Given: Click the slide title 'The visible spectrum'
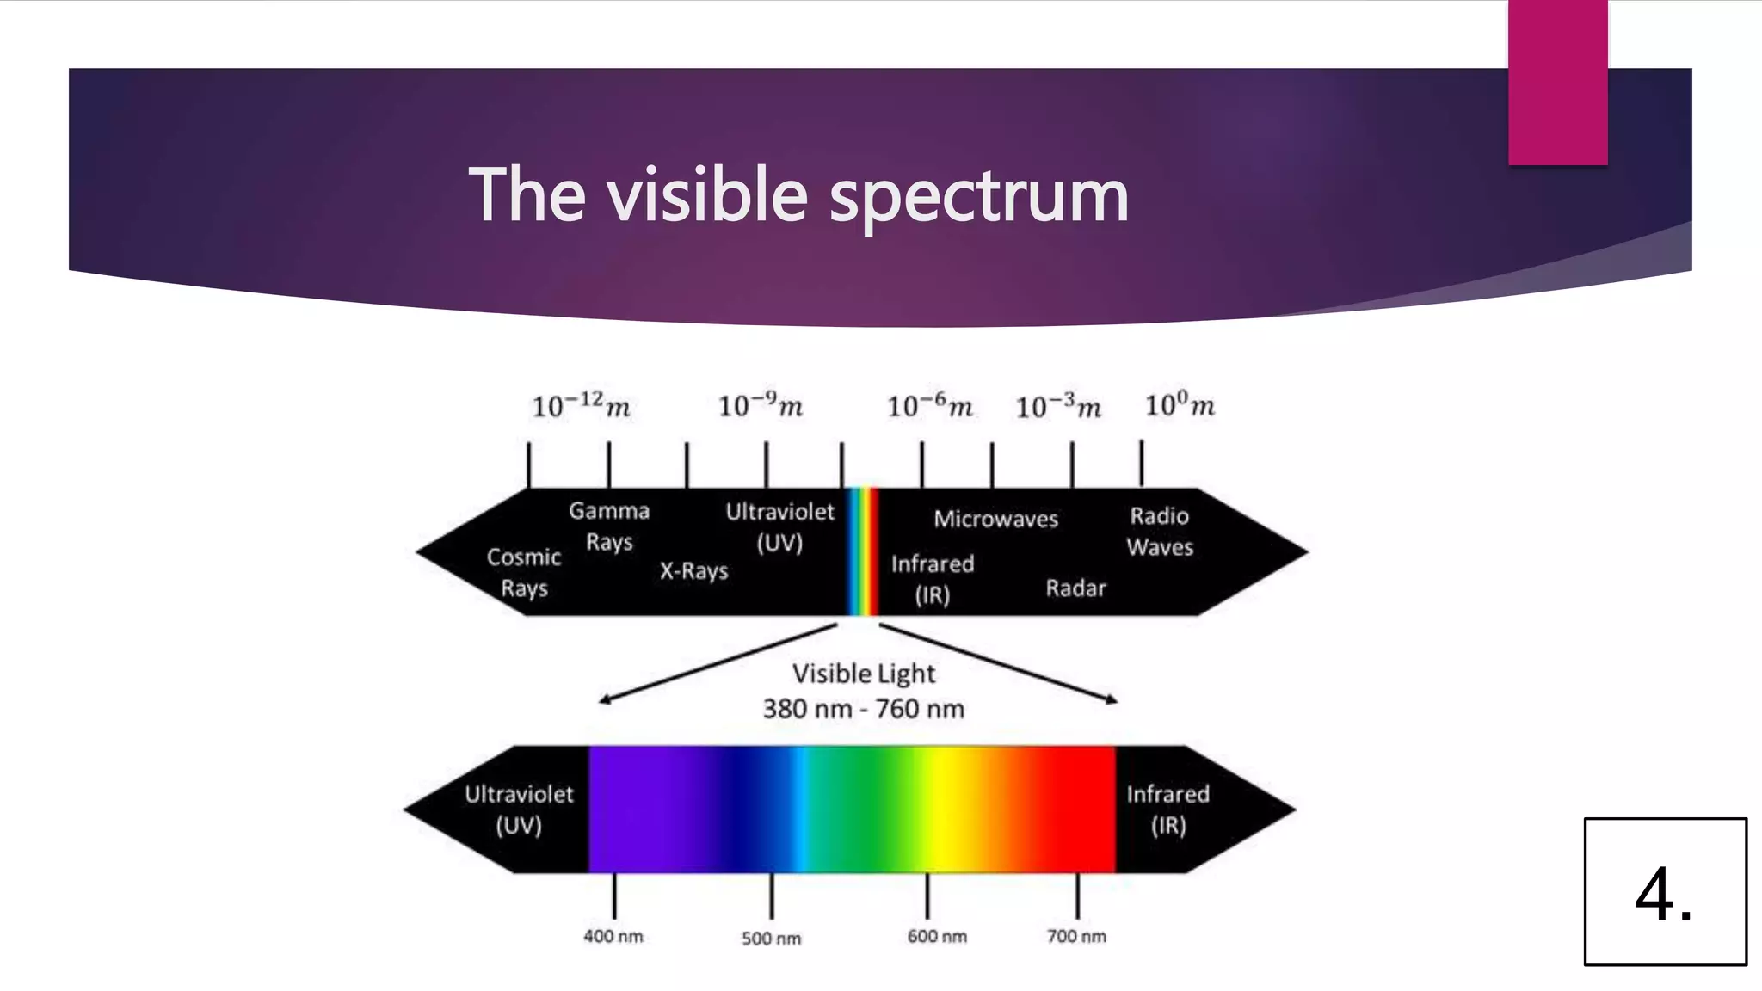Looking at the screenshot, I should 798,195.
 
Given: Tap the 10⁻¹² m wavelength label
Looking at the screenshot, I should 581,405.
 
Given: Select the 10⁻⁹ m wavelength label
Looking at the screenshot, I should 761,405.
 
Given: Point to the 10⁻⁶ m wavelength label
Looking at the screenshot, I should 930,406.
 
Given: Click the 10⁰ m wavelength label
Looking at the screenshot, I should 1180,405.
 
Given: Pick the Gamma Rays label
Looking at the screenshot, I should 609,526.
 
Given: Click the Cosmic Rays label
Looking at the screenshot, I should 524,572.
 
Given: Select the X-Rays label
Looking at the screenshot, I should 694,571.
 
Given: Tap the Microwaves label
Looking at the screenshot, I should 996,519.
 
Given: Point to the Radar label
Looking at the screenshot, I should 1075,588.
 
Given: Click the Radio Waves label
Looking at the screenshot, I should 1160,531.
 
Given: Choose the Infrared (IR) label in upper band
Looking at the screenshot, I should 933,579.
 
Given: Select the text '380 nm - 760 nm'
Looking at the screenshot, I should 863,709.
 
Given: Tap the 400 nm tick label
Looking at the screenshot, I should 613,936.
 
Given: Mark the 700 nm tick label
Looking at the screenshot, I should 1076,936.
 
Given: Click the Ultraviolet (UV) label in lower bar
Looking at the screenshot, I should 519,809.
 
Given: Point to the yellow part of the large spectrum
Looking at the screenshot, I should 946,809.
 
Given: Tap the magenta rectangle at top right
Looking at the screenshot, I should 1557,82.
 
